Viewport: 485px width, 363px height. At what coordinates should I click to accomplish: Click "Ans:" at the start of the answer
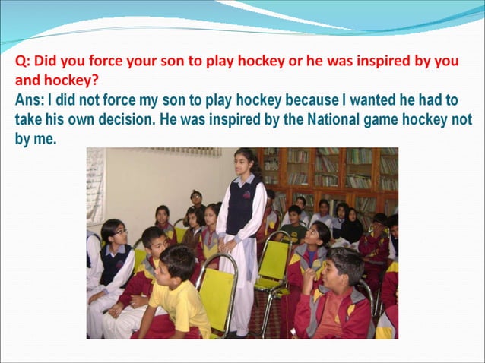tap(31, 99)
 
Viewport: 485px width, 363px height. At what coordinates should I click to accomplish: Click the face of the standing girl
tap(246, 163)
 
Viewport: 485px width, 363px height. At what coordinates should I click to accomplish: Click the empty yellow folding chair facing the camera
tap(272, 262)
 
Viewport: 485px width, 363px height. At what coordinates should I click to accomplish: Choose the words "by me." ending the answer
tap(36, 139)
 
